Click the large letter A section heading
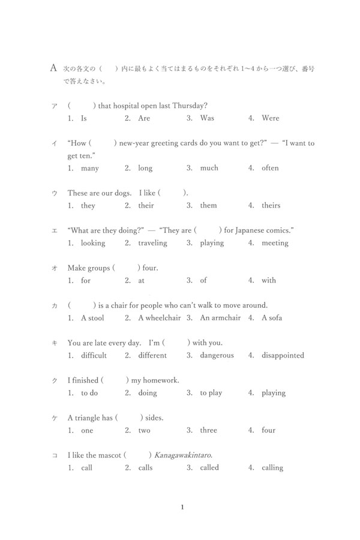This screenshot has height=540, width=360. tap(53, 68)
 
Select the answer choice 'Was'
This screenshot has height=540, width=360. tap(207, 118)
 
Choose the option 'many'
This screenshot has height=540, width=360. tap(89, 168)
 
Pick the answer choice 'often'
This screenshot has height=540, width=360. tap(270, 168)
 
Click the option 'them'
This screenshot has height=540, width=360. tap(208, 205)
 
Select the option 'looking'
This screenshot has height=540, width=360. tap(93, 243)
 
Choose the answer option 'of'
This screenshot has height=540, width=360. tap(203, 280)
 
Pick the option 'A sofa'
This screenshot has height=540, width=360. tap(272, 317)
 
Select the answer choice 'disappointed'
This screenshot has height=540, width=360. tap(283, 355)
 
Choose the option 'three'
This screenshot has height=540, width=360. tap(209, 430)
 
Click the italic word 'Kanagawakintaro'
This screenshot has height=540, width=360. tap(183, 455)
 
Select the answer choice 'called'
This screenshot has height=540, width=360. tap(209, 467)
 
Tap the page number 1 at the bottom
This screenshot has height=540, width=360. tap(182, 508)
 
